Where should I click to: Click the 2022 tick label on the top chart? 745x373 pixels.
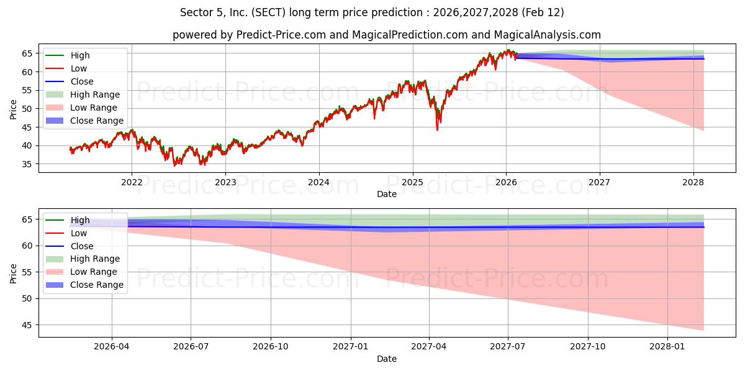tap(132, 182)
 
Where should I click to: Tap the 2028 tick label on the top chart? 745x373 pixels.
tap(693, 182)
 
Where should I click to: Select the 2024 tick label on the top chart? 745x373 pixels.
tap(319, 182)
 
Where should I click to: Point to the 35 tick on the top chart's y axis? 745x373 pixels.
tap(27, 164)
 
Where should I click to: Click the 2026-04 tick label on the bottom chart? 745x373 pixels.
tap(112, 347)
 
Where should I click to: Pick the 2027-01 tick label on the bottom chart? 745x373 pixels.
tap(351, 347)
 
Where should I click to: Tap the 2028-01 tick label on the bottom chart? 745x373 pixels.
tap(668, 347)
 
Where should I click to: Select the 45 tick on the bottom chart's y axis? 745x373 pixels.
tap(27, 325)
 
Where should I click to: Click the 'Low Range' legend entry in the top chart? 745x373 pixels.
tap(93, 108)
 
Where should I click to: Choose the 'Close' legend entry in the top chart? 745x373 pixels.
tap(81, 81)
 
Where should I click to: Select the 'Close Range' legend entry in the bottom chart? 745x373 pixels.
tap(96, 285)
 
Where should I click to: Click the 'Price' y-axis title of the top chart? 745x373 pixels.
tap(13, 109)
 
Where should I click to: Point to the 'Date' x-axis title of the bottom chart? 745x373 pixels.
tap(386, 359)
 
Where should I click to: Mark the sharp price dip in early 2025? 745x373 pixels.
tap(437, 129)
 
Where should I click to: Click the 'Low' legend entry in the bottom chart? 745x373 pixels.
tap(78, 233)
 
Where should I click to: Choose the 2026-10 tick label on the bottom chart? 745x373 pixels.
tap(271, 347)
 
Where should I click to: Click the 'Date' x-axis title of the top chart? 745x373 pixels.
tap(386, 194)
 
